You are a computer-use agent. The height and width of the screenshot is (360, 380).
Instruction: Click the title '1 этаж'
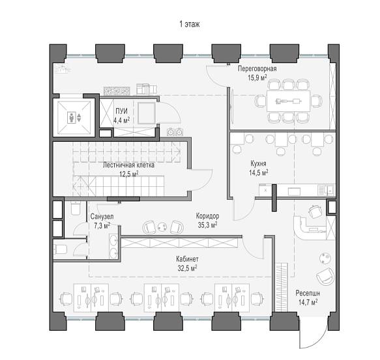[190, 24]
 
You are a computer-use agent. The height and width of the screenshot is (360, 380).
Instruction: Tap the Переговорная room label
[257, 69]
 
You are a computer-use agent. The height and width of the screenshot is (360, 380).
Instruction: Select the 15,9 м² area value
[257, 77]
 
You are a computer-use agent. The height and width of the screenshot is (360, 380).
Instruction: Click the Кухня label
[258, 163]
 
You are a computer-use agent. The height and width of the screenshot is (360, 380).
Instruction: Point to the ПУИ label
[121, 111]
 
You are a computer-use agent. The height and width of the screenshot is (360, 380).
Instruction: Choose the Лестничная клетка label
[128, 165]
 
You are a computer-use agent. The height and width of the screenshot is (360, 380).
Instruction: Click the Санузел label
[102, 216]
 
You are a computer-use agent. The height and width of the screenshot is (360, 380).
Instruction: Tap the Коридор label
[207, 215]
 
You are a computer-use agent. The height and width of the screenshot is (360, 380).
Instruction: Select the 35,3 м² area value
[207, 225]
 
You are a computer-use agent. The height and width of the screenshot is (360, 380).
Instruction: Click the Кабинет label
[187, 259]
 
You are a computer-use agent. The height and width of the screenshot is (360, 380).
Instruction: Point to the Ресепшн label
[308, 294]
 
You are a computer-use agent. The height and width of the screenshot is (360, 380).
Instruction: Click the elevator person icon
[72, 117]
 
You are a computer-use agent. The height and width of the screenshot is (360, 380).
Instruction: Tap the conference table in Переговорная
[288, 101]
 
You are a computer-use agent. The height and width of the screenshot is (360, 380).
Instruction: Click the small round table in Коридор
[162, 227]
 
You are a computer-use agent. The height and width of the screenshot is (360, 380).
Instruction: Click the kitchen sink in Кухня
[330, 190]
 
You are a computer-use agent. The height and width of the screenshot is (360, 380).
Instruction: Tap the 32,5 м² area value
[187, 268]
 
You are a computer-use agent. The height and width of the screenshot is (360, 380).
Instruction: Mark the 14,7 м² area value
[308, 302]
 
